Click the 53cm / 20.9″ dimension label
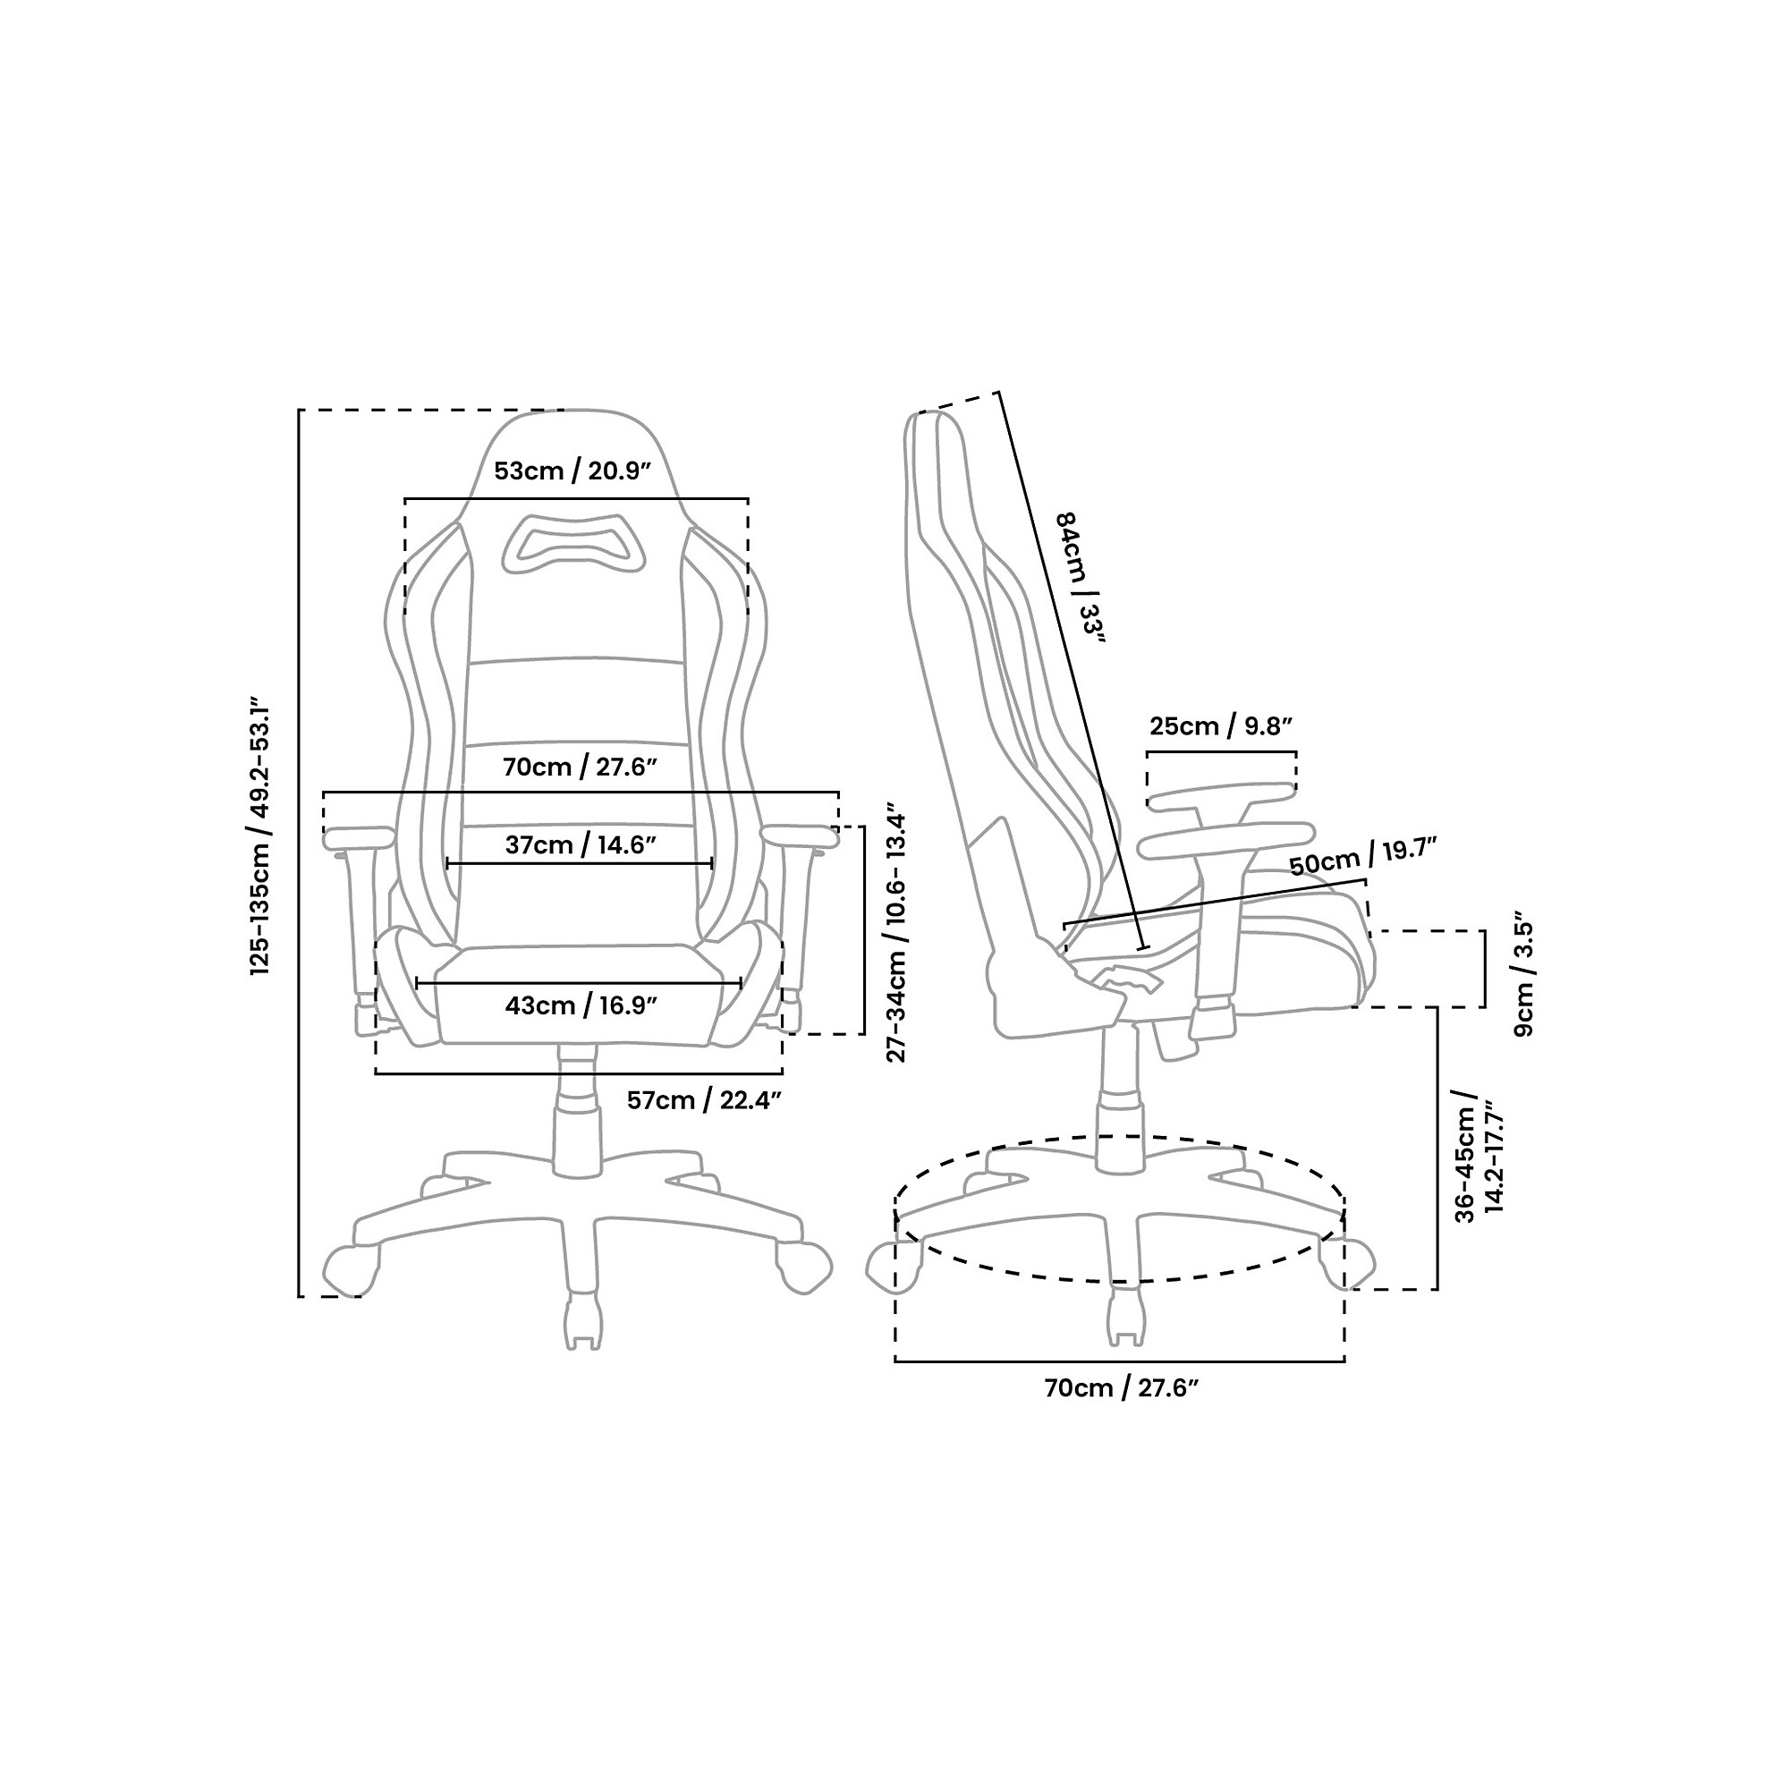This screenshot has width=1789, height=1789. click(x=573, y=471)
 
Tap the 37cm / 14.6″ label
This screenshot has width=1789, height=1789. click(x=581, y=844)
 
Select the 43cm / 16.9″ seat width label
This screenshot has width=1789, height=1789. click(x=581, y=1005)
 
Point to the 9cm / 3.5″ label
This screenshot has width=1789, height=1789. click(x=1524, y=979)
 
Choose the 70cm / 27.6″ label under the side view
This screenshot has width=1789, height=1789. click(x=1122, y=1414)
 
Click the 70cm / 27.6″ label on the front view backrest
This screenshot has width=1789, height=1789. click(x=580, y=767)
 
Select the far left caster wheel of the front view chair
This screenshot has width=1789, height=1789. click(x=351, y=1270)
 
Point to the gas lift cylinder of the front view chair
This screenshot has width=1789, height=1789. click(x=578, y=1109)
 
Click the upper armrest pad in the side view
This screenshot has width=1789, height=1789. click(x=1219, y=794)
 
